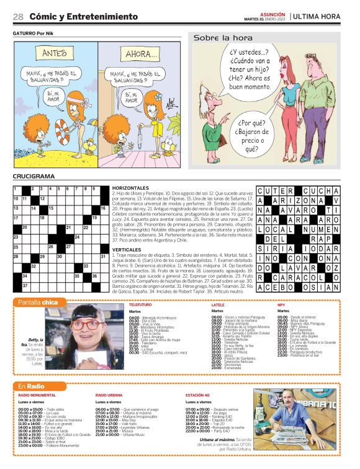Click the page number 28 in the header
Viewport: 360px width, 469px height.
pos(18,16)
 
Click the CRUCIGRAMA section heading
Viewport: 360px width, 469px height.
pos(34,177)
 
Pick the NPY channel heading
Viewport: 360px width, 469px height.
pos(281,305)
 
